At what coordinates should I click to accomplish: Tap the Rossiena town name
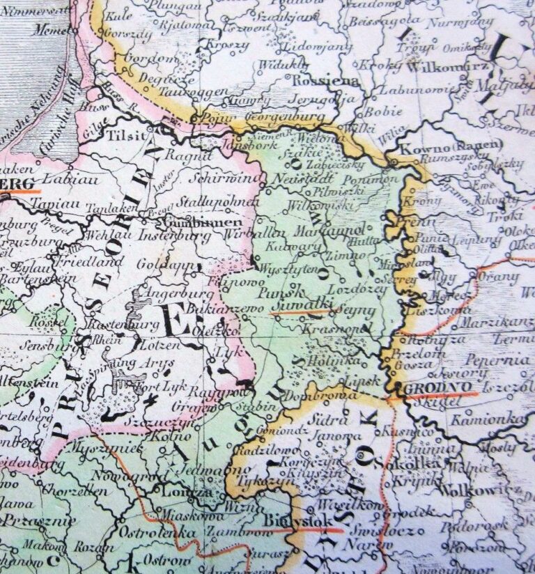[316, 82]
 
